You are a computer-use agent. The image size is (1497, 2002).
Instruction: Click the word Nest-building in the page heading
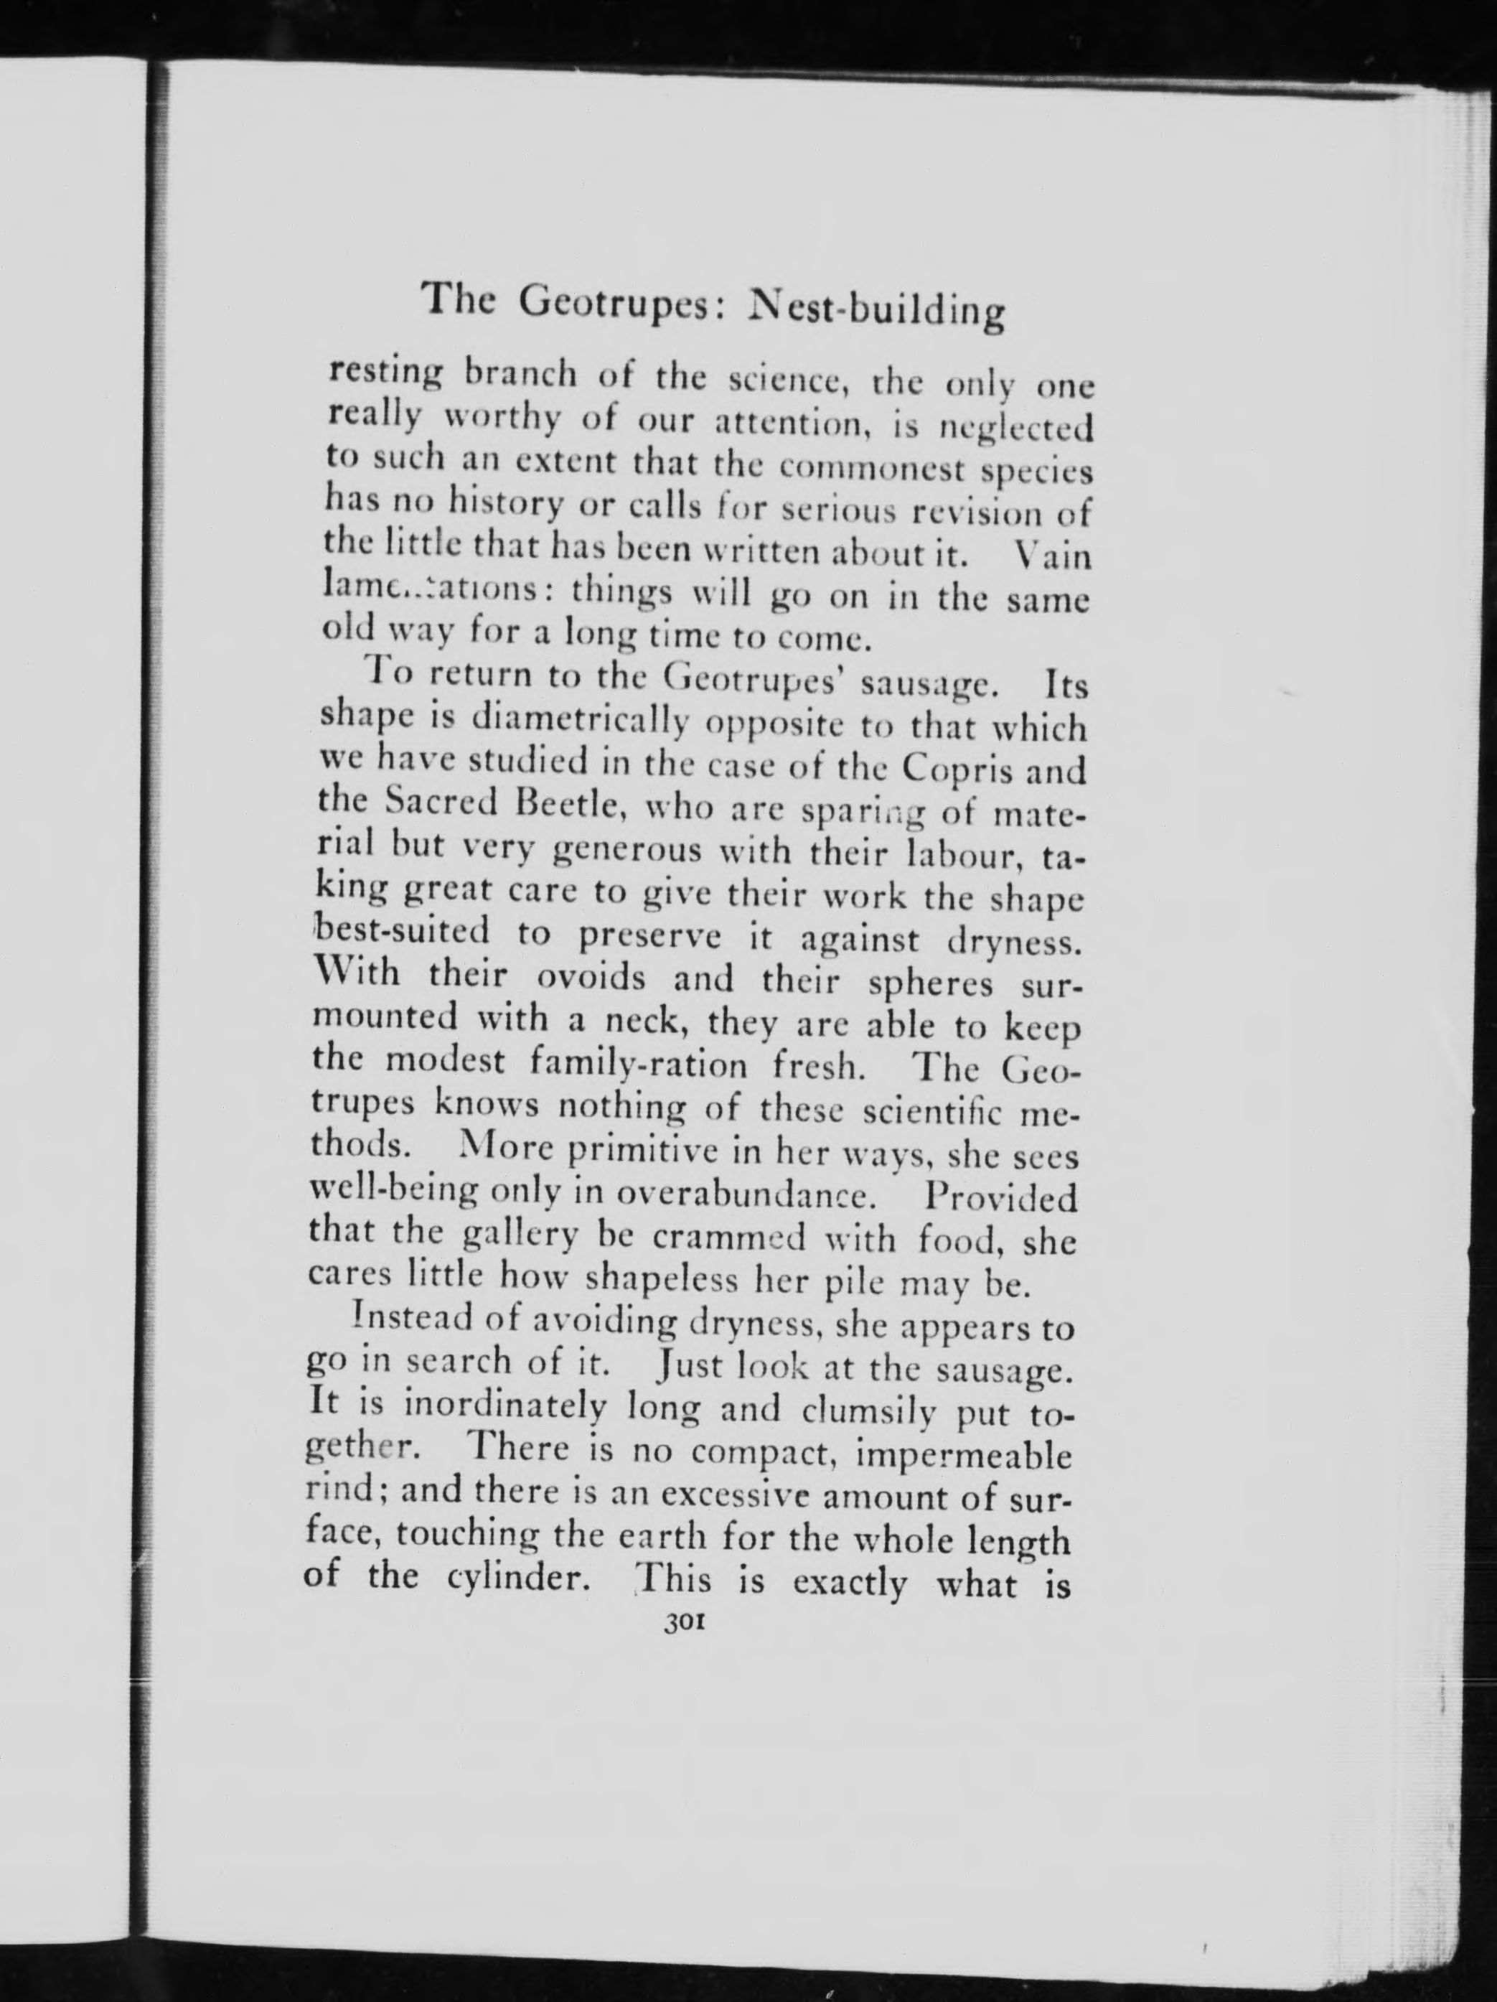(x=877, y=309)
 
